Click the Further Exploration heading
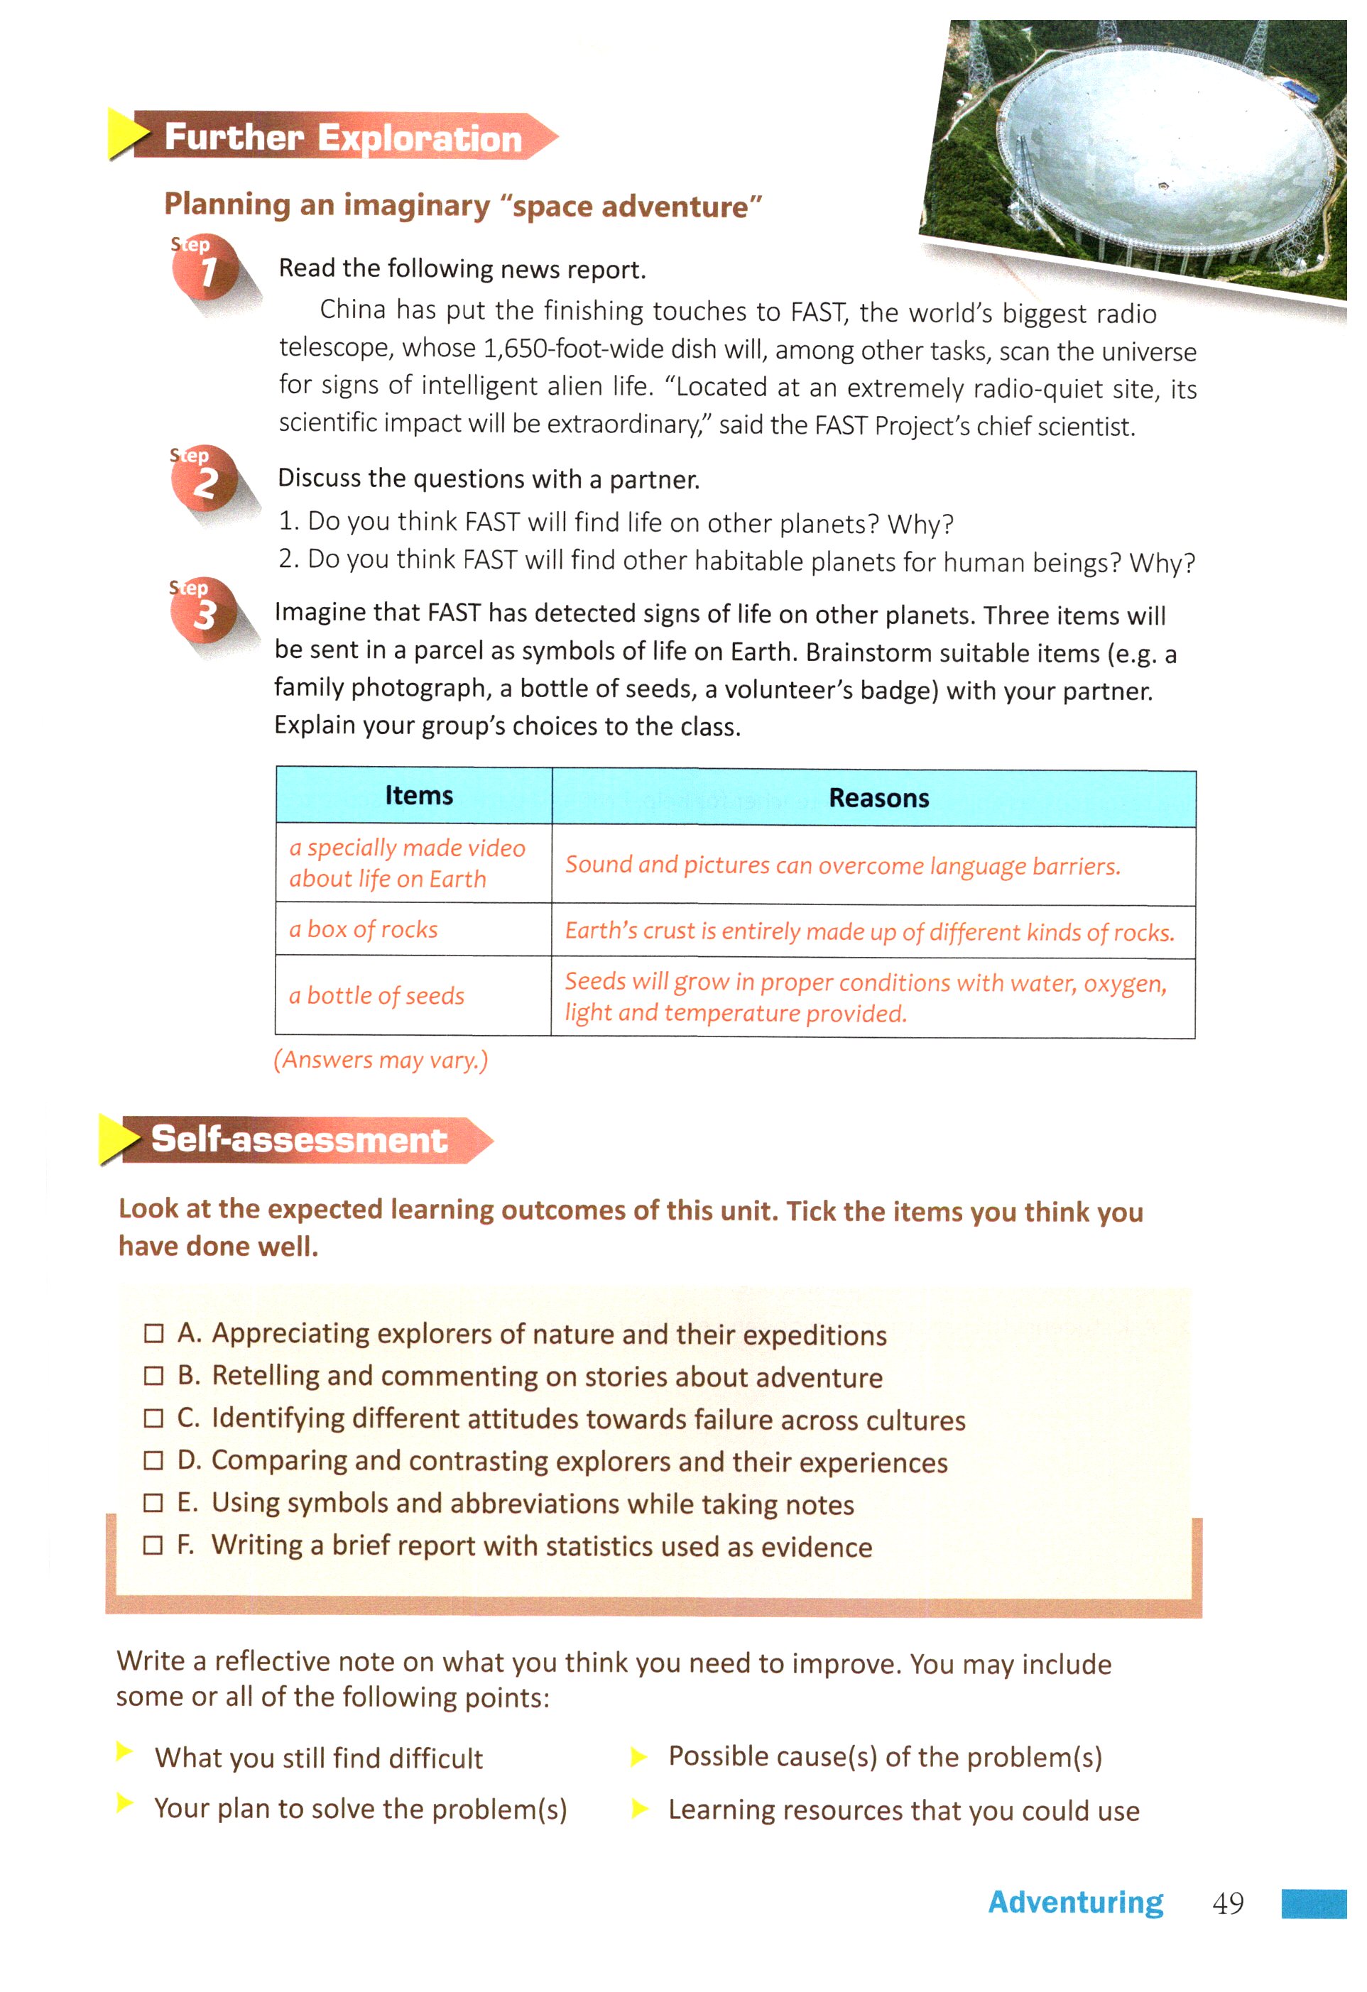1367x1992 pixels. (342, 137)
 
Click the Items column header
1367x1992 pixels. (418, 795)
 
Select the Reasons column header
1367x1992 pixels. (878, 798)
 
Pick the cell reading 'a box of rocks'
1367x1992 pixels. (364, 930)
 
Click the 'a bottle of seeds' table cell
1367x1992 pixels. (376, 996)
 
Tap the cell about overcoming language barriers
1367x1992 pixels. (842, 865)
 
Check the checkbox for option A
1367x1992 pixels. (153, 1334)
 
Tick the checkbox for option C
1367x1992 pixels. (153, 1418)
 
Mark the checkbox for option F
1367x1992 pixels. (153, 1545)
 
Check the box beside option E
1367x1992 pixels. (153, 1504)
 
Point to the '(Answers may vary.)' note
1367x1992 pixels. (381, 1061)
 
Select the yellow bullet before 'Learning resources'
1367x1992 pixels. (639, 1809)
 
